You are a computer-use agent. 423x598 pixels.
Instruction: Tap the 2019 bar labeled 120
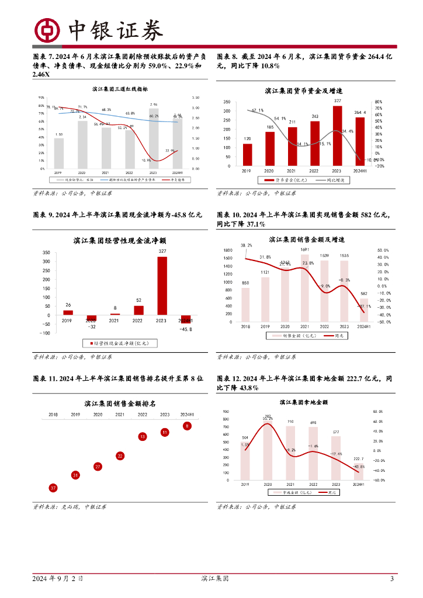pos(247,154)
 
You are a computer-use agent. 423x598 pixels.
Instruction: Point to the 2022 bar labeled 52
pos(137,311)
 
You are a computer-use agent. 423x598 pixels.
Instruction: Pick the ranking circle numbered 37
pos(53,488)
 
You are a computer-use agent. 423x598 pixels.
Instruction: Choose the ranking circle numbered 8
pos(186,426)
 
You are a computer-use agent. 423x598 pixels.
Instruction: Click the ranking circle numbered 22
pos(120,456)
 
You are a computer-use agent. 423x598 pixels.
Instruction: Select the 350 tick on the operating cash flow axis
pos(46,252)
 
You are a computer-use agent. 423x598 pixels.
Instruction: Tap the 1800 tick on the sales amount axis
pos(228,250)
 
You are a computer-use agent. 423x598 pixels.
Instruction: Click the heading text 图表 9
pos(44,215)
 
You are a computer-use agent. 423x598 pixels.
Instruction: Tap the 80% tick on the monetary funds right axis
pos(378,101)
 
